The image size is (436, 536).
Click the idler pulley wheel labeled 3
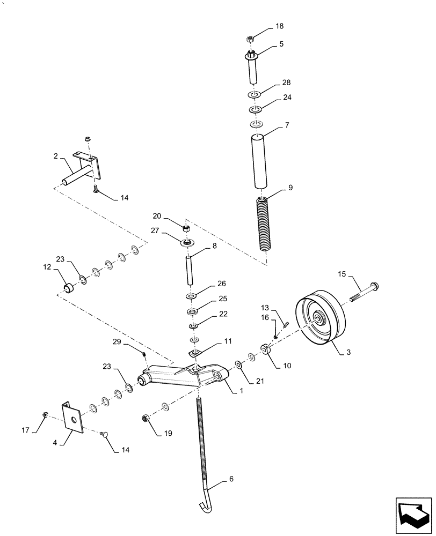pyautogui.click(x=319, y=321)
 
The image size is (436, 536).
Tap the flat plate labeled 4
pyautogui.click(x=71, y=414)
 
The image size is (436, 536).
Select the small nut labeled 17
pyautogui.click(x=46, y=414)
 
